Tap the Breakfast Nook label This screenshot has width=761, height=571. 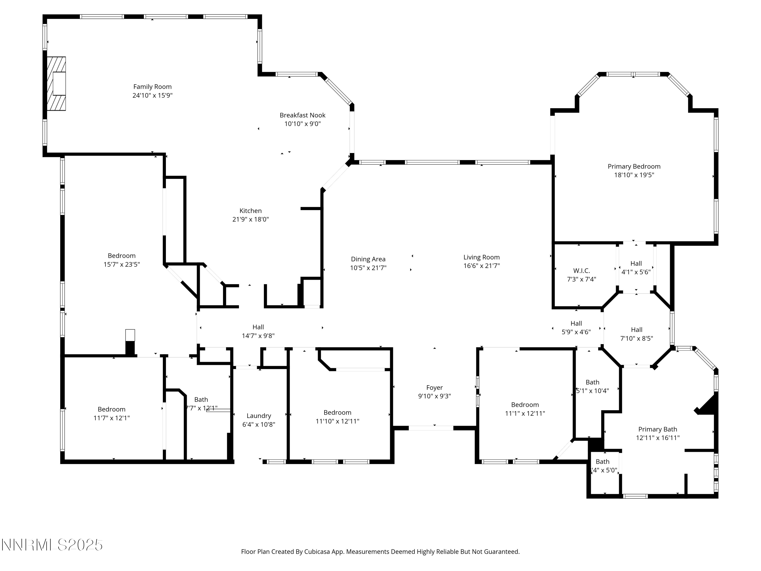[x=302, y=115]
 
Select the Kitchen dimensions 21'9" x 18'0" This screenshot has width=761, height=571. [x=250, y=219]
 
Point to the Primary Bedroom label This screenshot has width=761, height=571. [x=634, y=166]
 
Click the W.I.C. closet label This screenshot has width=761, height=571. [x=581, y=271]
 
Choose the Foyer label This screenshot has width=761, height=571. [x=434, y=388]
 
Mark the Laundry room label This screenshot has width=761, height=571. [x=259, y=416]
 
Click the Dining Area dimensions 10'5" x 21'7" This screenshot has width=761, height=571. [x=368, y=268]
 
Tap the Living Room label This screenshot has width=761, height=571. [x=481, y=257]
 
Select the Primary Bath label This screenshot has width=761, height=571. [x=658, y=429]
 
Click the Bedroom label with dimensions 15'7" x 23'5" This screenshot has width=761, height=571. [x=122, y=256]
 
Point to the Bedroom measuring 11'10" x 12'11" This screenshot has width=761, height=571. [x=337, y=412]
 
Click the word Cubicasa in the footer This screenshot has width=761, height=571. [x=317, y=552]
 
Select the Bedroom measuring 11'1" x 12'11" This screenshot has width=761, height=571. [x=525, y=405]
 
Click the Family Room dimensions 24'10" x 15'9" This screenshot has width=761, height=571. [x=152, y=95]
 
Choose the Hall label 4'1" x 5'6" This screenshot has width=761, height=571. [x=636, y=264]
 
